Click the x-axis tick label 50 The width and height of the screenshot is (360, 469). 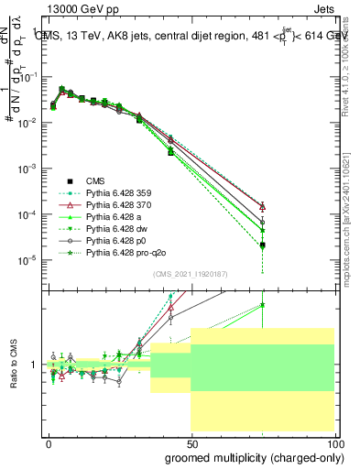pyautogui.click(x=191, y=442)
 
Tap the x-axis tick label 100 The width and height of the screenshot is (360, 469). pyautogui.click(x=333, y=442)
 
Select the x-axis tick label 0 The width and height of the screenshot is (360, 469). pyautogui.click(x=49, y=442)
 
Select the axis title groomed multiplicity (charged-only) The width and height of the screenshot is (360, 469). pyautogui.click(x=249, y=456)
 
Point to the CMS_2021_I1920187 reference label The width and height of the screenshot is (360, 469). pyautogui.click(x=191, y=274)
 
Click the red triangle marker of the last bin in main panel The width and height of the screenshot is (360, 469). pyautogui.click(x=263, y=207)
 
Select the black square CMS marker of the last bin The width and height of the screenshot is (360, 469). pyautogui.click(x=263, y=245)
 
